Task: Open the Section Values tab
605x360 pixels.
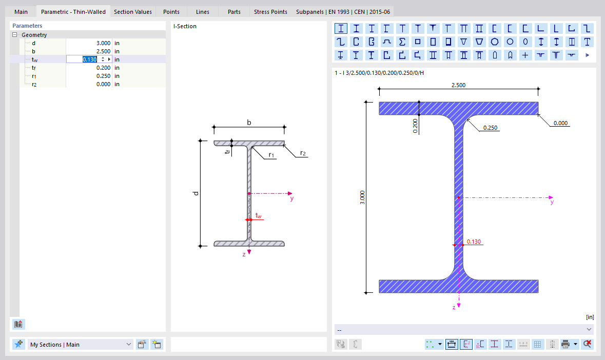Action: click(x=132, y=12)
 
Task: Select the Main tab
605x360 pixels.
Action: click(x=21, y=12)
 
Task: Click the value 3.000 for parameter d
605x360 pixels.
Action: click(x=103, y=43)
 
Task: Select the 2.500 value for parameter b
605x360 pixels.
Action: click(x=103, y=51)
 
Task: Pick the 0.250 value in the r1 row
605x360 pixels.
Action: click(x=103, y=76)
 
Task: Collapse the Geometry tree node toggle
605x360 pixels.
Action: click(x=15, y=35)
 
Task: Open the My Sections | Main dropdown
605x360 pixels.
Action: click(x=81, y=345)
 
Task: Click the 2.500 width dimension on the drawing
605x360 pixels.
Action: click(x=458, y=85)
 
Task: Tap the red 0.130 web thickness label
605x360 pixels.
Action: click(x=474, y=242)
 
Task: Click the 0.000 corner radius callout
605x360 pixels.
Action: click(x=561, y=123)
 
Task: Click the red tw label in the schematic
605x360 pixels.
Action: click(x=258, y=216)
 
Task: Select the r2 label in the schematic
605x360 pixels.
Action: click(x=304, y=153)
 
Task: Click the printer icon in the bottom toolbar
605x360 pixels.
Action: click(x=565, y=345)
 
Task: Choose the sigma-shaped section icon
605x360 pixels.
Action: click(x=402, y=42)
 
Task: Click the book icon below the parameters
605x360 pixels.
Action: click(x=18, y=324)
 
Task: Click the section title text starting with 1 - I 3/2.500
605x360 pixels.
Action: click(x=379, y=73)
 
